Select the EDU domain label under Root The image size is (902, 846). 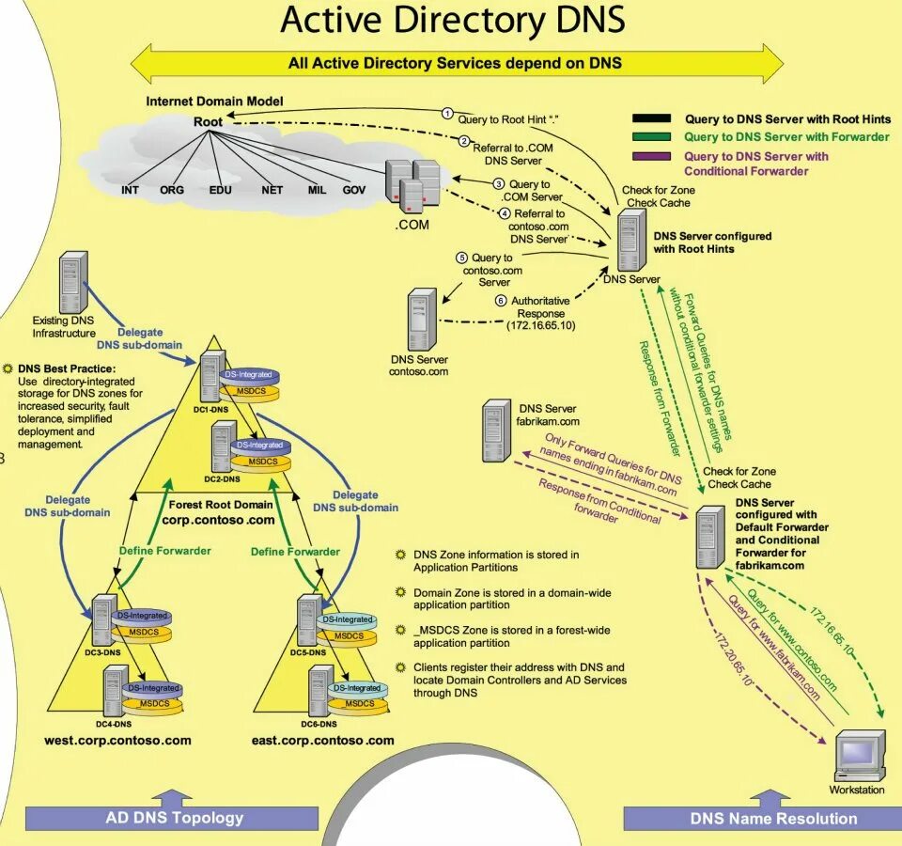point(221,190)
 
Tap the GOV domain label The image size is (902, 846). point(354,190)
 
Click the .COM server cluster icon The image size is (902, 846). point(412,185)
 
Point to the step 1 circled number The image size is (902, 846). point(448,113)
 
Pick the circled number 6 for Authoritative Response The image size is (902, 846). point(502,301)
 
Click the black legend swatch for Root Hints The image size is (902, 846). point(652,119)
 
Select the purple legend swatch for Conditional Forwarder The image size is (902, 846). point(652,156)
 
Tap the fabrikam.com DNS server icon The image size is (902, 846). point(496,431)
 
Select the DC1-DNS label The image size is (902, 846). point(212,411)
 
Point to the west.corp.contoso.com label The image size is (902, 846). point(117,740)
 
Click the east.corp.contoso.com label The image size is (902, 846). point(322,740)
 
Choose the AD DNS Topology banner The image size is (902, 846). point(175,817)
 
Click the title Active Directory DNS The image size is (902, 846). point(452,21)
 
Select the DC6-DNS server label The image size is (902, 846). point(318,724)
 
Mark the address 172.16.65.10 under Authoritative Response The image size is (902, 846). point(540,325)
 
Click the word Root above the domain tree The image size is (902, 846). point(209,121)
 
